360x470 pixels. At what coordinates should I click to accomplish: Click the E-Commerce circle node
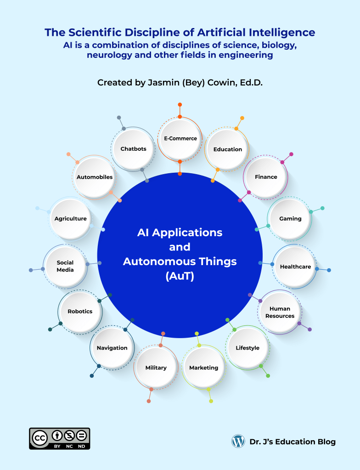(180, 138)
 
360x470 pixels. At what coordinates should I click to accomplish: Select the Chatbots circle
(134, 149)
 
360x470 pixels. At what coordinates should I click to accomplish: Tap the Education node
(227, 149)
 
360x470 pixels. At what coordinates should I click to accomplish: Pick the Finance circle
(266, 177)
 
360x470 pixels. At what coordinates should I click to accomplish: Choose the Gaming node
(290, 219)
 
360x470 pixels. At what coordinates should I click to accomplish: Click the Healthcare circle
(295, 266)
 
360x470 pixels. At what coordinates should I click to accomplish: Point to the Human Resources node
(280, 312)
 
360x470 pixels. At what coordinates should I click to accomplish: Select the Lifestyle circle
(247, 348)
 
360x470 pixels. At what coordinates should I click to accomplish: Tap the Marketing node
(204, 368)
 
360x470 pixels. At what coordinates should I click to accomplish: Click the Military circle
(156, 368)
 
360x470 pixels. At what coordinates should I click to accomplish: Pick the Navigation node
(112, 348)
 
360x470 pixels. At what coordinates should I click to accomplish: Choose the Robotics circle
(80, 311)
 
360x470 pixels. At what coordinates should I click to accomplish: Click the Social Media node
(65, 266)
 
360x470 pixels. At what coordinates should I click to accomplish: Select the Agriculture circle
(71, 219)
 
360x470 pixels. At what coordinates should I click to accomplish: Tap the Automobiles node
(95, 177)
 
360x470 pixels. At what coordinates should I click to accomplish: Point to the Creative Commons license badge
(60, 438)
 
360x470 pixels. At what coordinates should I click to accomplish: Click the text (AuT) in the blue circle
(180, 277)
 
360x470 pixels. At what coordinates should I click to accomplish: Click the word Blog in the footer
(326, 442)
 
